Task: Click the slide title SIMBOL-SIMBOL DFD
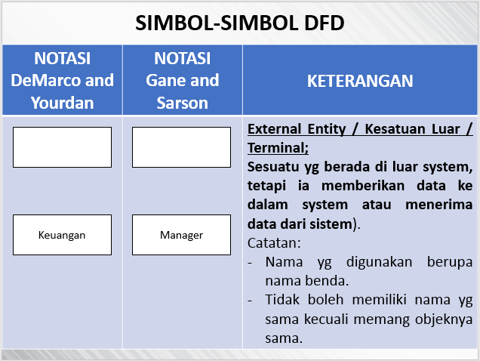(240, 23)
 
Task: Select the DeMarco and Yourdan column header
(62, 80)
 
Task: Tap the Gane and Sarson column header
(182, 80)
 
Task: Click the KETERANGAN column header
(360, 81)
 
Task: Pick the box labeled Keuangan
(62, 235)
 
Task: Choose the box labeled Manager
(181, 235)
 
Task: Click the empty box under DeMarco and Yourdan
(62, 147)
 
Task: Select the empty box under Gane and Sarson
(181, 147)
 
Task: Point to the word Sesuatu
(275, 166)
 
